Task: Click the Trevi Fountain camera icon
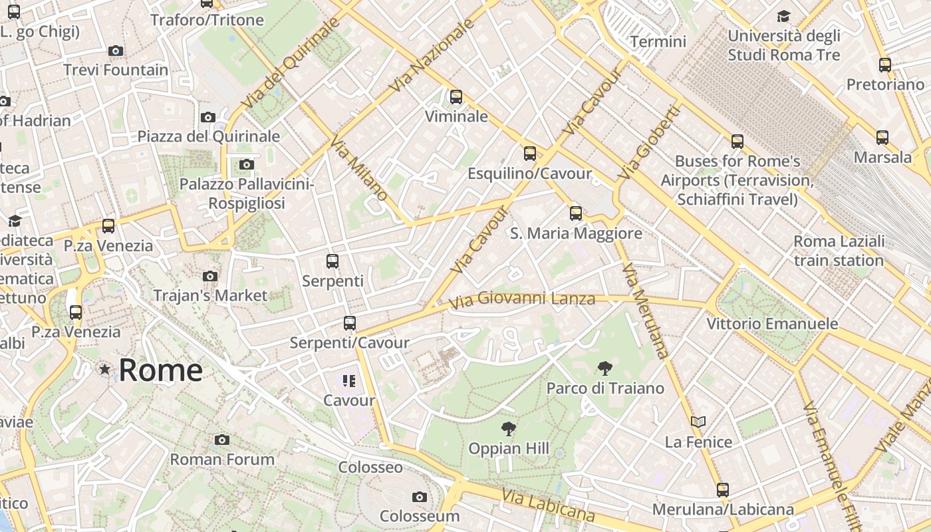[x=115, y=51]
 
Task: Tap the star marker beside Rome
[x=104, y=369]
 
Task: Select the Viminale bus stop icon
[x=456, y=97]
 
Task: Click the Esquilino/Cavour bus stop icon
[x=529, y=154]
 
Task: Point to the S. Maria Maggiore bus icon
[x=575, y=213]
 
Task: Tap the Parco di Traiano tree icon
[x=604, y=368]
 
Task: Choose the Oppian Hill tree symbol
[x=509, y=429]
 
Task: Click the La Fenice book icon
[x=698, y=422]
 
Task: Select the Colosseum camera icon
[x=419, y=497]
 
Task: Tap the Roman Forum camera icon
[x=222, y=440]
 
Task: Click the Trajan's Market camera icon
[x=210, y=276]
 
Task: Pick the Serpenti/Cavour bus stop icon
[x=349, y=324]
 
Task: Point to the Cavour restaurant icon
[x=349, y=381]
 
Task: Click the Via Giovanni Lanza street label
[x=522, y=299]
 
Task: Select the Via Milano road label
[x=358, y=170]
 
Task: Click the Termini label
[x=658, y=42]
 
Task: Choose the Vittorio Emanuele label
[x=772, y=324]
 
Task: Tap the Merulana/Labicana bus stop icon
[x=723, y=490]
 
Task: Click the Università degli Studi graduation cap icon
[x=784, y=16]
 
